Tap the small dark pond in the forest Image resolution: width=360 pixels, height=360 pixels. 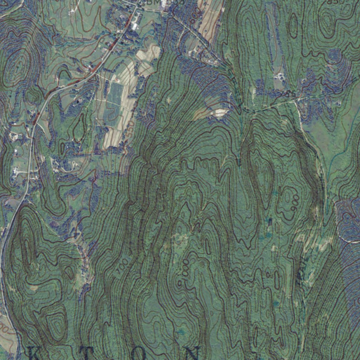(x=270, y=221)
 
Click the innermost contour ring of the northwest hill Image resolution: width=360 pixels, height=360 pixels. (x=18, y=65)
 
